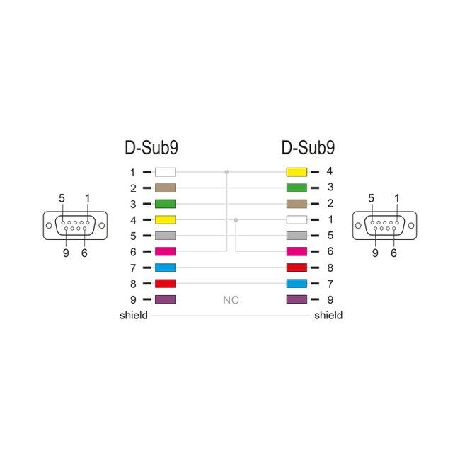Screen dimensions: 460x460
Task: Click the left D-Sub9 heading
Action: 151,148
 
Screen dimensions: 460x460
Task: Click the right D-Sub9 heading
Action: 308,148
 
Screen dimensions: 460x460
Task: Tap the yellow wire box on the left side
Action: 165,220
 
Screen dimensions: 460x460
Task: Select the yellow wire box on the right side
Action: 296,172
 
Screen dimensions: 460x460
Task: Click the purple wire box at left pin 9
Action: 165,299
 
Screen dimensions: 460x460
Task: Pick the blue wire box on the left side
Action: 165,268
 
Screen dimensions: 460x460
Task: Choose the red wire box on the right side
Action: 296,268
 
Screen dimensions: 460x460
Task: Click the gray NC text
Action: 231,300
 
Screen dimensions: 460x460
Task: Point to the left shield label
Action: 133,316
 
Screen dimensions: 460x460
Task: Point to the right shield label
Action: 328,316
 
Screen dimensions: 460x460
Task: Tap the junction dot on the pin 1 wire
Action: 226,172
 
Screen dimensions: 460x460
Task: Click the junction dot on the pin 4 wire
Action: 236,220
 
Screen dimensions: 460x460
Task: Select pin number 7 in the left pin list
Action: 132,268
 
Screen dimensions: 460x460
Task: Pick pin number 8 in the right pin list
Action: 330,268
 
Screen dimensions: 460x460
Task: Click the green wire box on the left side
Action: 165,204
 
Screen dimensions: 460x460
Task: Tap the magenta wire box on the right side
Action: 296,251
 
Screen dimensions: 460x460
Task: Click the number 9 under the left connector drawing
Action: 66,253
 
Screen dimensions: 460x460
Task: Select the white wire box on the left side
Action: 165,172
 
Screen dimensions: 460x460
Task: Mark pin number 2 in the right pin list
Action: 330,204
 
